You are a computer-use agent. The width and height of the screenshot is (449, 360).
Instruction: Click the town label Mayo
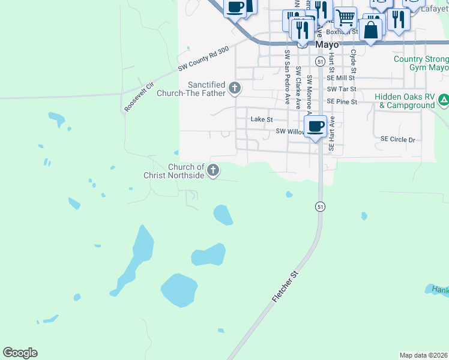click(327, 44)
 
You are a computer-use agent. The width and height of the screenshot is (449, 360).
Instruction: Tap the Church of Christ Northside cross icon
click(212, 171)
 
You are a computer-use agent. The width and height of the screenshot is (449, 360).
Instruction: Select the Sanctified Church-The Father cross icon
click(234, 89)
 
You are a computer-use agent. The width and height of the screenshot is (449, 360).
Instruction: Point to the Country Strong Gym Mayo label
click(421, 63)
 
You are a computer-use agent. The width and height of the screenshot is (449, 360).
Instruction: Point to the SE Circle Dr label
click(398, 139)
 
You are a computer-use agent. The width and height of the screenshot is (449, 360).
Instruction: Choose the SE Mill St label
click(342, 77)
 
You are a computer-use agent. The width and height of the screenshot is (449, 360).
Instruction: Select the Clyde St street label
click(354, 61)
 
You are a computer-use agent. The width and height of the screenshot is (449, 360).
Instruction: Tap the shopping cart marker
click(346, 17)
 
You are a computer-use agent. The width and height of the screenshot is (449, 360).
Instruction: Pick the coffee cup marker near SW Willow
click(315, 126)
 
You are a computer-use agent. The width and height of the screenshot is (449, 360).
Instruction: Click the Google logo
click(20, 353)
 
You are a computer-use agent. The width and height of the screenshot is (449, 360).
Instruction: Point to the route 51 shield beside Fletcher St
click(321, 206)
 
